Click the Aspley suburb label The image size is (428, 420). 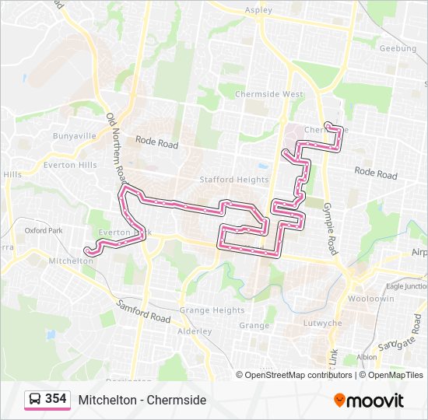coord(258,10)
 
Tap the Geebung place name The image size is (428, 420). coord(397,48)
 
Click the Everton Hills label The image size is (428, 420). coord(70,165)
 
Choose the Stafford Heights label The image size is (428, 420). coord(233,180)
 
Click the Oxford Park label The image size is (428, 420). coord(43,230)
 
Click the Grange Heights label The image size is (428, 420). coord(212,310)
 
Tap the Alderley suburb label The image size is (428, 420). coord(194,331)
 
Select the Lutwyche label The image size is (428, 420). coord(325,323)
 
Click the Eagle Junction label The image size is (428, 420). coord(405,286)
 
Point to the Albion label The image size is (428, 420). coord(367,357)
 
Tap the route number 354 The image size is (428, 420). coord(55,399)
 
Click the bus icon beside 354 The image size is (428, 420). coord(35,400)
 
